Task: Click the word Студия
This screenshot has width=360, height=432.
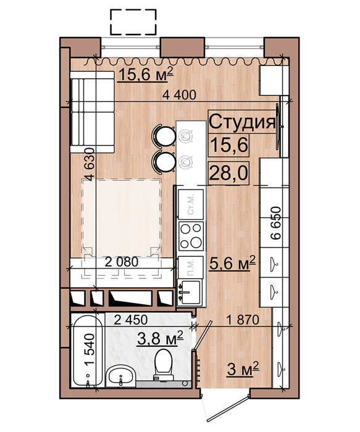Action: coord(243,122)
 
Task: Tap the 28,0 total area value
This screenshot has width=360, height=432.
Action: coord(229,173)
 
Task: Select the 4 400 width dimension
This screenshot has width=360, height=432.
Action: coord(179,95)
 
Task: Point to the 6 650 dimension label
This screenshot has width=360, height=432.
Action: coord(275,223)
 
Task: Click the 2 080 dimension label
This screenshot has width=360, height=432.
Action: coord(122,262)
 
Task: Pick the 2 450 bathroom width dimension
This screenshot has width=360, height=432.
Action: coord(131,320)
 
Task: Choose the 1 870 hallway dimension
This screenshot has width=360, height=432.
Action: coord(243,320)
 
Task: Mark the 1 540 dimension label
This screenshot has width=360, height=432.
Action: coord(90,350)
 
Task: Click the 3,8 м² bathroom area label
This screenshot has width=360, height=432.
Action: coord(160,338)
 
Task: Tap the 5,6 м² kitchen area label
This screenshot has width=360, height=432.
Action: coord(233,263)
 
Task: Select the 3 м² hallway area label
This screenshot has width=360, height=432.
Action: coord(243,369)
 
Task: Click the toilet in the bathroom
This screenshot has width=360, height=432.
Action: coord(164,365)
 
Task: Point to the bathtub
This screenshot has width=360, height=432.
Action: coord(87,351)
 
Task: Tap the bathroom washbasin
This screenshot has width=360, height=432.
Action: coord(121,376)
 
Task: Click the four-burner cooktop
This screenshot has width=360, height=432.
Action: coord(191,236)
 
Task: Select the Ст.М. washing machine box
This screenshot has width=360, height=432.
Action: coord(191,204)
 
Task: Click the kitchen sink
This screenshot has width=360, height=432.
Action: coord(190,293)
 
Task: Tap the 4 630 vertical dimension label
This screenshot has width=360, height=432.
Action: coord(90,165)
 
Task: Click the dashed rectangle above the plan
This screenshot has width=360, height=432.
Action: coord(133,22)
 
